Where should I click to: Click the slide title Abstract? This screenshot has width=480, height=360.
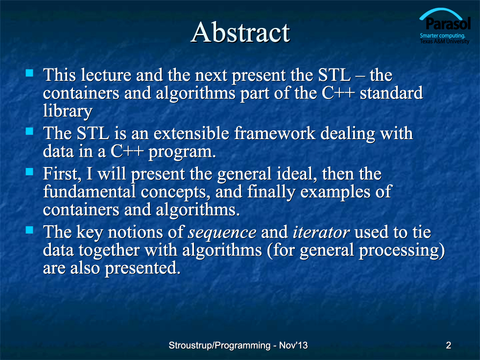click(240, 32)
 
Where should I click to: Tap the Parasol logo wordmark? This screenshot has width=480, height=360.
click(448, 24)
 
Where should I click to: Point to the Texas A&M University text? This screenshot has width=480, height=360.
click(445, 41)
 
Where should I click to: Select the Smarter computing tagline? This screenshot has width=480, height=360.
click(442, 35)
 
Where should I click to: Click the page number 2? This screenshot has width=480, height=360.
click(449, 345)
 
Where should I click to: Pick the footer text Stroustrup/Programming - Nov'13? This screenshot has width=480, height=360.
click(238, 345)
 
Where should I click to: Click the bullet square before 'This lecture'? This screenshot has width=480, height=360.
click(29, 73)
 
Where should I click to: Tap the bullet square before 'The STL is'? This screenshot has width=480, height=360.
click(29, 131)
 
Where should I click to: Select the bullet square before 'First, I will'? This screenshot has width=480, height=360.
click(29, 171)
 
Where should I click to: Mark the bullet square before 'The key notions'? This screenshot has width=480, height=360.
click(29, 230)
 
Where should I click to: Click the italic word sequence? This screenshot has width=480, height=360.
click(222, 233)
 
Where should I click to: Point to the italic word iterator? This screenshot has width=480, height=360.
click(321, 232)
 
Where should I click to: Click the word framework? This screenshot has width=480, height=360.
click(275, 133)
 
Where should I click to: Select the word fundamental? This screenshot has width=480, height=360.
click(89, 192)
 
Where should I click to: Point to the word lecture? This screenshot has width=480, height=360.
click(106, 75)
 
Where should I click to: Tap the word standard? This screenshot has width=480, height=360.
click(391, 93)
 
